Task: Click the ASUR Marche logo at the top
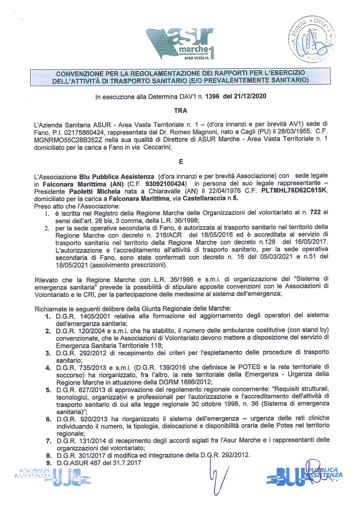point(180,44)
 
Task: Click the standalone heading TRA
point(181,111)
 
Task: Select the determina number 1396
point(212,96)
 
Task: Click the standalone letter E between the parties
point(181,162)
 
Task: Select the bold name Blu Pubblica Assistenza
point(117,177)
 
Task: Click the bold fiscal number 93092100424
point(166,184)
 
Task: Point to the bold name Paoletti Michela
point(95,192)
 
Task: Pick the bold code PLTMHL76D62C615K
point(294,190)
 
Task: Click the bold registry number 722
point(315,212)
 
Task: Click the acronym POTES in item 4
point(249,367)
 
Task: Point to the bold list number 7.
point(48,441)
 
